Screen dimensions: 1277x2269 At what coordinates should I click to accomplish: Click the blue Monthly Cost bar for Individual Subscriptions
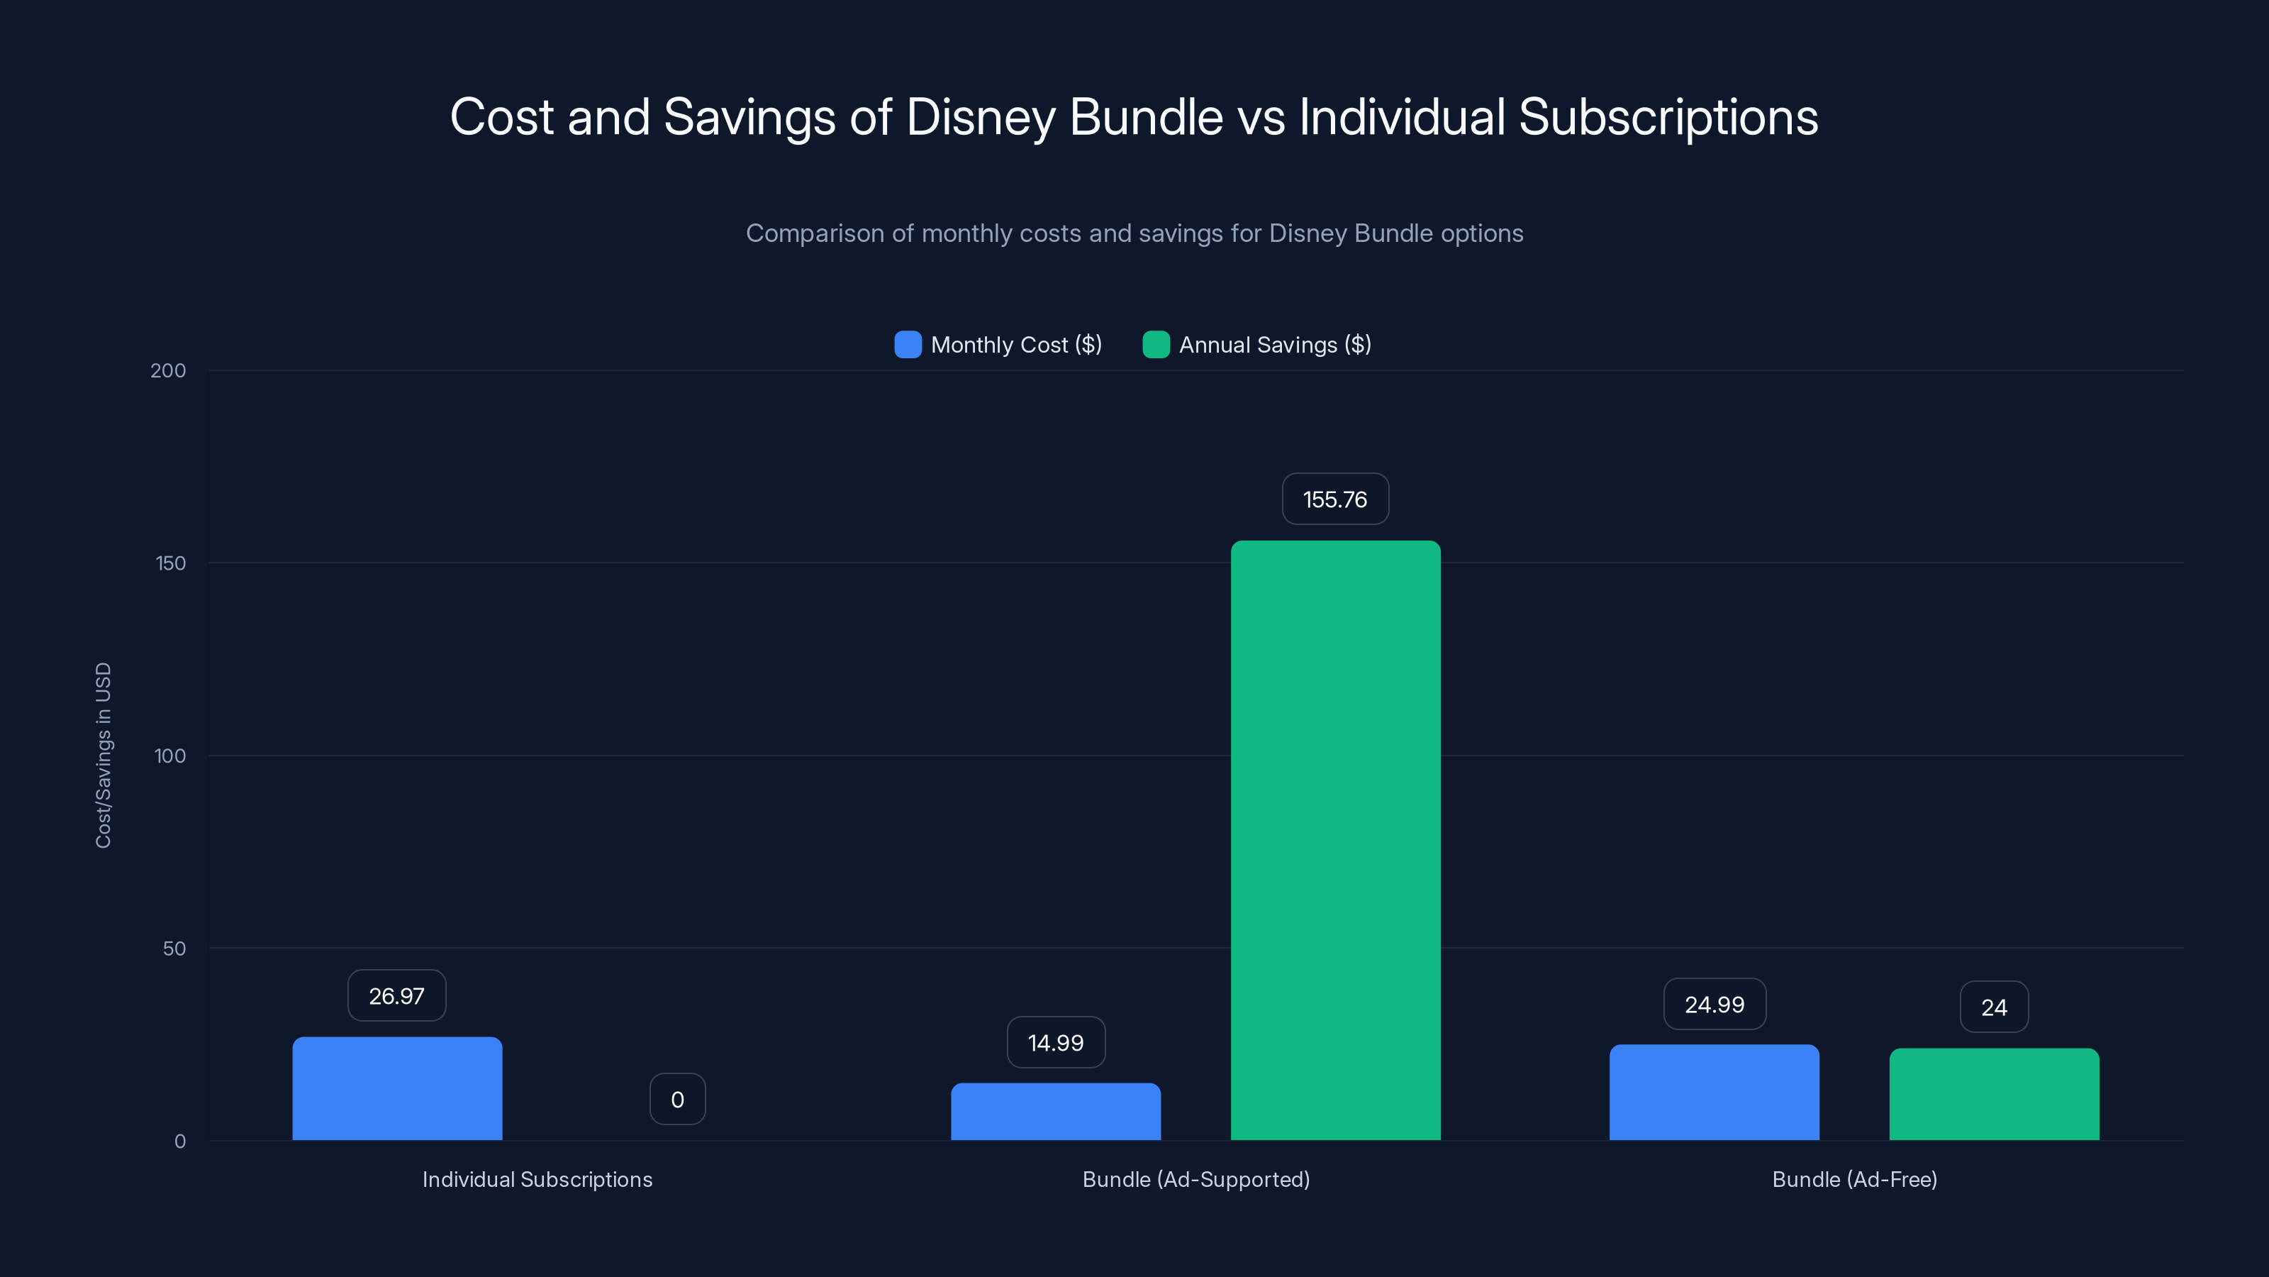pos(397,1088)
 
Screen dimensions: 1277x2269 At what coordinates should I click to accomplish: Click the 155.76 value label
pos(1335,499)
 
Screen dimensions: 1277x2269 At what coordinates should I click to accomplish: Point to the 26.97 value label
pos(396,996)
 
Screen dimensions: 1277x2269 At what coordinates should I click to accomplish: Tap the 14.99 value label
pos(1055,1043)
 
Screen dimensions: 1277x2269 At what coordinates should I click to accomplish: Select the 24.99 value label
pos(1714,1005)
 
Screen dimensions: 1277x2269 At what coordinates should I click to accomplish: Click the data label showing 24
pos(1994,1007)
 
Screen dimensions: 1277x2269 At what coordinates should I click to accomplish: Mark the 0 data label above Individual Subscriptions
pos(677,1099)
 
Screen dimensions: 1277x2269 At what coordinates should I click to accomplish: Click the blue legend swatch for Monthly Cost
pos(908,345)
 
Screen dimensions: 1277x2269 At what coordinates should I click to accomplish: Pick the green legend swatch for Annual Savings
pos(1156,345)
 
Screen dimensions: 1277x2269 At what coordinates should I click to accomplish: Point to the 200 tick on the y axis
pos(168,371)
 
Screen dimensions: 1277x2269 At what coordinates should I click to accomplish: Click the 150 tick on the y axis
pos(171,563)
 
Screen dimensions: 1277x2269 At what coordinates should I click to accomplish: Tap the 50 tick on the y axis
pos(174,949)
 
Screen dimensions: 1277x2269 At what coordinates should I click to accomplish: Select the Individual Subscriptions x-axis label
pos(537,1179)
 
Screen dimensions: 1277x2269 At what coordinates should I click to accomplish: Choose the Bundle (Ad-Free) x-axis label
pos(1854,1179)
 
